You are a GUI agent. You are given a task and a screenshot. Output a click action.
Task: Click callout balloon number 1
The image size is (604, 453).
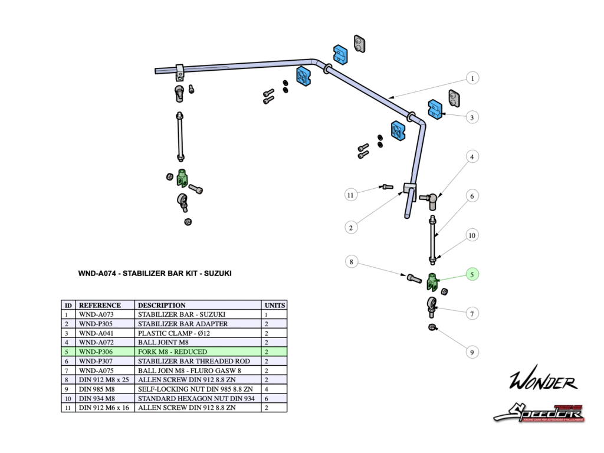[471, 78]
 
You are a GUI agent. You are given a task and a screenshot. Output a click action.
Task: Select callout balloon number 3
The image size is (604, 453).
[471, 117]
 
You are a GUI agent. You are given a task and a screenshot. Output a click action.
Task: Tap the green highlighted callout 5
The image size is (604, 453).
[471, 274]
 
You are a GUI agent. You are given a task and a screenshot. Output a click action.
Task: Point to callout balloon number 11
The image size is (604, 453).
[351, 194]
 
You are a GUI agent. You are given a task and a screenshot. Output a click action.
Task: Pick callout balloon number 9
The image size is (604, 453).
[471, 352]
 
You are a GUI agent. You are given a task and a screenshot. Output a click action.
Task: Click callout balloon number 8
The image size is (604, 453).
[351, 261]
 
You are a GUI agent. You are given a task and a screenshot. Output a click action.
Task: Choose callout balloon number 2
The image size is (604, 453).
[351, 227]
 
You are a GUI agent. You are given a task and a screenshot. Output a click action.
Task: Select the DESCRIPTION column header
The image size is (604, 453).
[162, 306]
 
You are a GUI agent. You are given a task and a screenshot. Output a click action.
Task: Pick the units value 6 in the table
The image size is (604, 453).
[267, 398]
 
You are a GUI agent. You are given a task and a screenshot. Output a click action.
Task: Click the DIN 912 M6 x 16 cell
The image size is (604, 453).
[104, 408]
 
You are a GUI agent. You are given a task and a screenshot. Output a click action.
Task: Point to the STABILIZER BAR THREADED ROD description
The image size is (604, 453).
[193, 361]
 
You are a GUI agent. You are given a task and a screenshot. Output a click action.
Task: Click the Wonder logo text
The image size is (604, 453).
[543, 381]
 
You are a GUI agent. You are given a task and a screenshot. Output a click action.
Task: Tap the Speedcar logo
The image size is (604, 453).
[539, 412]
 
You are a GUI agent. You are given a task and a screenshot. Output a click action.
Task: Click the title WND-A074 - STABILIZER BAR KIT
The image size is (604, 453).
[155, 274]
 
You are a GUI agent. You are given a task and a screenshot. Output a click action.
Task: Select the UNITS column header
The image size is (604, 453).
[274, 306]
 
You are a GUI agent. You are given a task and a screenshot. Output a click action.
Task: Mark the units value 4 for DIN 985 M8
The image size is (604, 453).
[267, 389]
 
